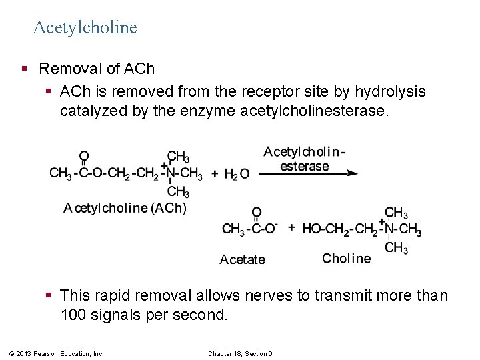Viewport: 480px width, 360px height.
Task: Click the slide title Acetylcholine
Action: pyautogui.click(x=85, y=27)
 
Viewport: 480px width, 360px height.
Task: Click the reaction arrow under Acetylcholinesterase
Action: pyautogui.click(x=307, y=173)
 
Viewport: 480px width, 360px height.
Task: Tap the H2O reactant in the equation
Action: pyautogui.click(x=237, y=174)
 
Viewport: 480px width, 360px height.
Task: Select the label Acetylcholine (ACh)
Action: pyautogui.click(x=125, y=208)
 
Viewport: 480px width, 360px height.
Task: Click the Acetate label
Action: pyautogui.click(x=243, y=259)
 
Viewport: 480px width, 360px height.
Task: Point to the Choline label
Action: pyautogui.click(x=346, y=258)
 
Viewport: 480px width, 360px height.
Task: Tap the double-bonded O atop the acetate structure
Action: pyautogui.click(x=257, y=213)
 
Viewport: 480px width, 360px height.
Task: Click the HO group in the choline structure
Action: pyautogui.click(x=311, y=229)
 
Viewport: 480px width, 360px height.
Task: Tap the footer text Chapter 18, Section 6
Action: pyautogui.click(x=245, y=353)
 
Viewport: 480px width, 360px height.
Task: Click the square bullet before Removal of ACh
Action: pyautogui.click(x=25, y=69)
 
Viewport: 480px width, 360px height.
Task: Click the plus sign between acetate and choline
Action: pyautogui.click(x=291, y=227)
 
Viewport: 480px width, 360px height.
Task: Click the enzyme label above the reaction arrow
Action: pyautogui.click(x=304, y=159)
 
